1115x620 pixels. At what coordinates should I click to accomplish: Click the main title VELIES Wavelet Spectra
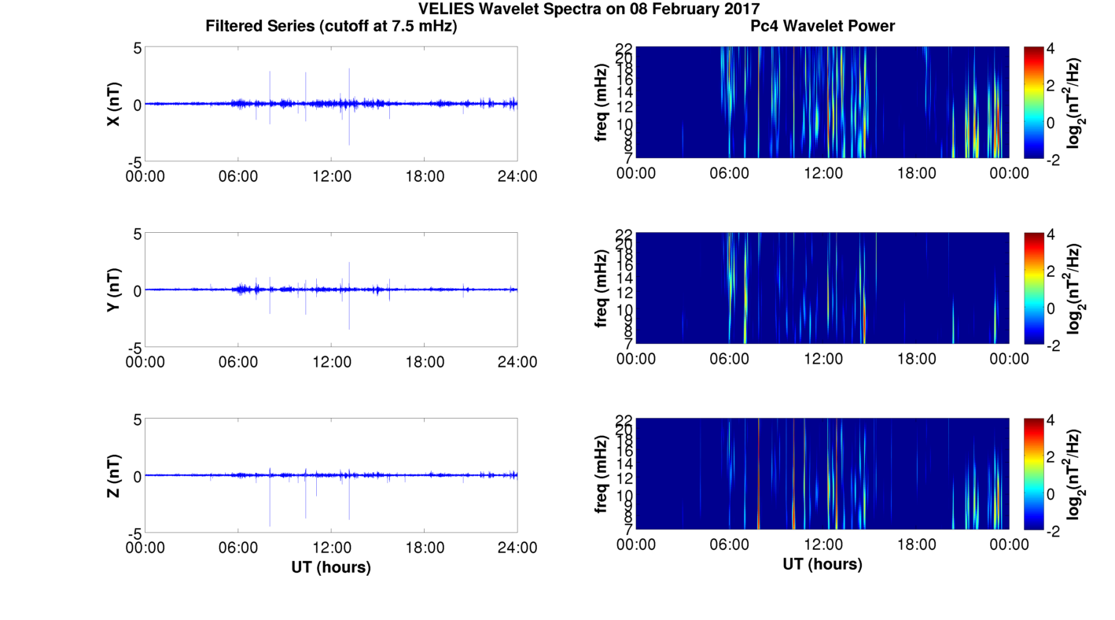(x=589, y=9)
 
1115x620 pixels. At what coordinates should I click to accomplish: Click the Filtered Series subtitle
(x=331, y=26)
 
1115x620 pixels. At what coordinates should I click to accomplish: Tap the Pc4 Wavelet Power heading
(x=822, y=26)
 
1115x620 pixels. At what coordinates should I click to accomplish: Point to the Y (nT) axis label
(x=114, y=290)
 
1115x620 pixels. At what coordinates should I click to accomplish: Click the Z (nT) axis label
(x=114, y=476)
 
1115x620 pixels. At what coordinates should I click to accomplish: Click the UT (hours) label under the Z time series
(x=331, y=566)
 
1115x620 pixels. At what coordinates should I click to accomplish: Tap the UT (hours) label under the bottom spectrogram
(x=822, y=564)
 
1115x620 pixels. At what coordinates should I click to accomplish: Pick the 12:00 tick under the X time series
(x=331, y=175)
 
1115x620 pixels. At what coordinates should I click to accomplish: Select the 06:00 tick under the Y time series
(x=238, y=362)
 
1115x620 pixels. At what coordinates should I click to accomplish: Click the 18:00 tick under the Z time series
(x=425, y=548)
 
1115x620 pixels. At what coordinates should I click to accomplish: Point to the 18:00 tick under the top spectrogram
(x=916, y=173)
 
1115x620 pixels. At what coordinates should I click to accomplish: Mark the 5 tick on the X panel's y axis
(x=137, y=48)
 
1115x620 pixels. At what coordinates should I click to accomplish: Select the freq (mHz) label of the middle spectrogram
(x=602, y=288)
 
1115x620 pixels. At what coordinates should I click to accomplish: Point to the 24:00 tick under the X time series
(x=517, y=175)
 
